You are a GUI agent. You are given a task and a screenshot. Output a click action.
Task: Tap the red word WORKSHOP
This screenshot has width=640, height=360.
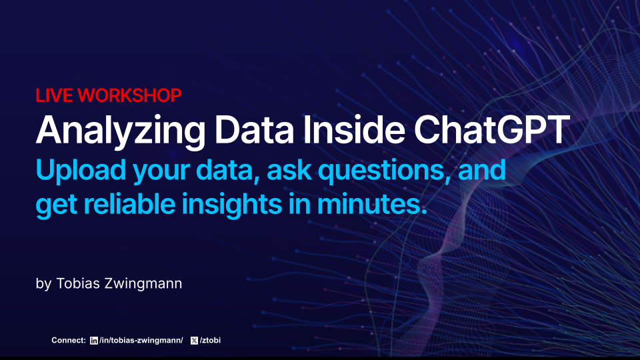(x=129, y=95)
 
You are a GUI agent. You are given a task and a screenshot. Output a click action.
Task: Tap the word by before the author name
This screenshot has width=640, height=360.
(x=43, y=284)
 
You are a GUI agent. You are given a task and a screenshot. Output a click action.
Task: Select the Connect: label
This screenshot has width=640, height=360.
(x=69, y=341)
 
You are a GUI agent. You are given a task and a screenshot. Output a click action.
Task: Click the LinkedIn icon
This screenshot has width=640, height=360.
(x=93, y=341)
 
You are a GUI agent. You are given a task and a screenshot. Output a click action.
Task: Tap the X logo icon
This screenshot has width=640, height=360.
(x=194, y=341)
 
